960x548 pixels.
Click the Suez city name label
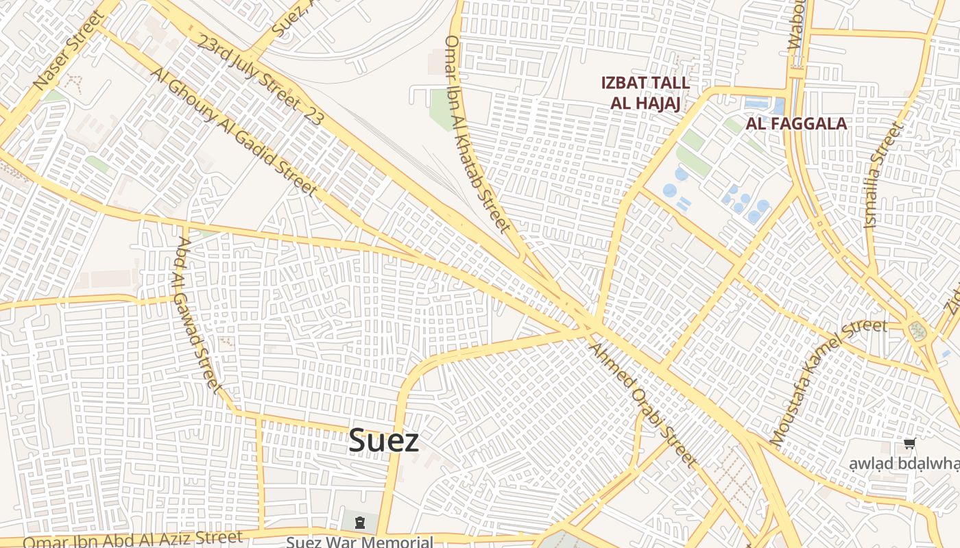[x=383, y=440]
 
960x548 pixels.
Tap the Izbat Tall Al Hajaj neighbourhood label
[x=645, y=93]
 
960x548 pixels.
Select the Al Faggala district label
[x=796, y=124]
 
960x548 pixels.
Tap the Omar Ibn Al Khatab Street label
[x=478, y=134]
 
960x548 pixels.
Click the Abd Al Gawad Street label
[x=199, y=315]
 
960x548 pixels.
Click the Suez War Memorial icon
[x=359, y=523]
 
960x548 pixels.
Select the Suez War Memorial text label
[x=359, y=542]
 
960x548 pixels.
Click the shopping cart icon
[x=909, y=444]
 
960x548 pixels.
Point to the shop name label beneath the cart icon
[x=904, y=464]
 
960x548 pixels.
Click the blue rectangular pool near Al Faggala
[x=757, y=104]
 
